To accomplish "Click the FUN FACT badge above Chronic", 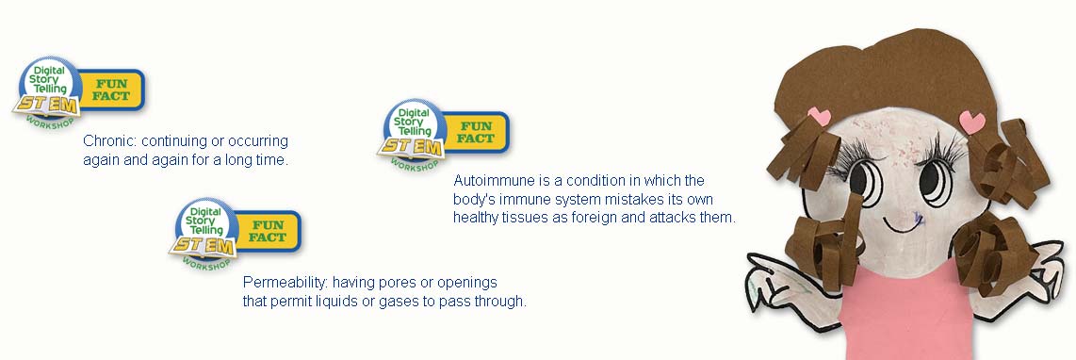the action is tap(111, 90).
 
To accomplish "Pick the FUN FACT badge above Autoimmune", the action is tap(476, 132).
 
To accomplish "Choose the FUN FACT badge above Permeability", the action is tap(268, 232).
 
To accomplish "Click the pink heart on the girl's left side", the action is tap(820, 116).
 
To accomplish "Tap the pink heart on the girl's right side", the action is tap(971, 123).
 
